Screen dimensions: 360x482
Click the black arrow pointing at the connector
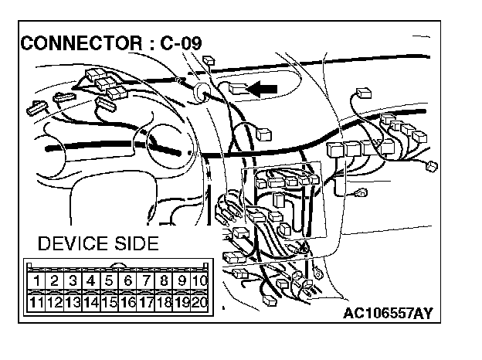(264, 90)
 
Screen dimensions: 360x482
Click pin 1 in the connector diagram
(36, 280)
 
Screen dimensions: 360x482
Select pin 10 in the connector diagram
(200, 280)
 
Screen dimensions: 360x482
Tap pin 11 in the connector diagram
(36, 302)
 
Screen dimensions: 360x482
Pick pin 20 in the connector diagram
(200, 302)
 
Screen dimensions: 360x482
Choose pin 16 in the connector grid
(127, 302)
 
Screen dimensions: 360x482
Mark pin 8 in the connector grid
(164, 280)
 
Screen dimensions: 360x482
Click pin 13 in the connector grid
(73, 302)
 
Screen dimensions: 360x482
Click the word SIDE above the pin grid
(137, 244)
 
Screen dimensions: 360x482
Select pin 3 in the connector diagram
(73, 280)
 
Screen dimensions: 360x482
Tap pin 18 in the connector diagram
(164, 302)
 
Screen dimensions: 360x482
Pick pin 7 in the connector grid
(146, 280)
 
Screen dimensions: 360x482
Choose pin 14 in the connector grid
(91, 302)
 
